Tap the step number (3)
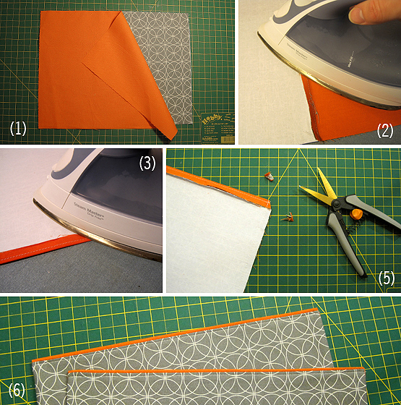[x=147, y=163]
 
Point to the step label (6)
[x=14, y=391]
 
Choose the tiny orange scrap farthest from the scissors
[x=270, y=176]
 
